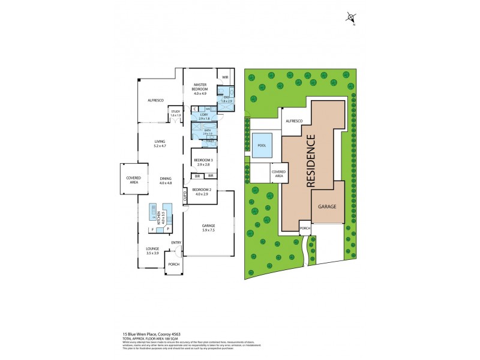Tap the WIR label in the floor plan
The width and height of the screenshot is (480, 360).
tap(225, 77)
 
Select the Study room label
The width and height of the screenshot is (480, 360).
tap(175, 113)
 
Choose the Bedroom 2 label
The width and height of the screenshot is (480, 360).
tap(200, 192)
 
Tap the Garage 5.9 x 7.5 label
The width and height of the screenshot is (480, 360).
tap(209, 227)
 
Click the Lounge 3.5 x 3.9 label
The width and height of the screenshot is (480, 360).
tap(152, 251)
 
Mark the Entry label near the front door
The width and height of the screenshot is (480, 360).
tap(176, 242)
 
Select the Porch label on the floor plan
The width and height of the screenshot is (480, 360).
tap(173, 264)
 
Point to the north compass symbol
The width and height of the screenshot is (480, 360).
tap(351, 18)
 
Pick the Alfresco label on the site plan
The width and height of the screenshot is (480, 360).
tap(293, 121)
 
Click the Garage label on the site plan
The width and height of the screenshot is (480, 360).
tap(327, 206)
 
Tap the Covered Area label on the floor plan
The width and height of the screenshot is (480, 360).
tap(133, 179)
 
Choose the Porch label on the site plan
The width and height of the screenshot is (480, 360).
tap(304, 228)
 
